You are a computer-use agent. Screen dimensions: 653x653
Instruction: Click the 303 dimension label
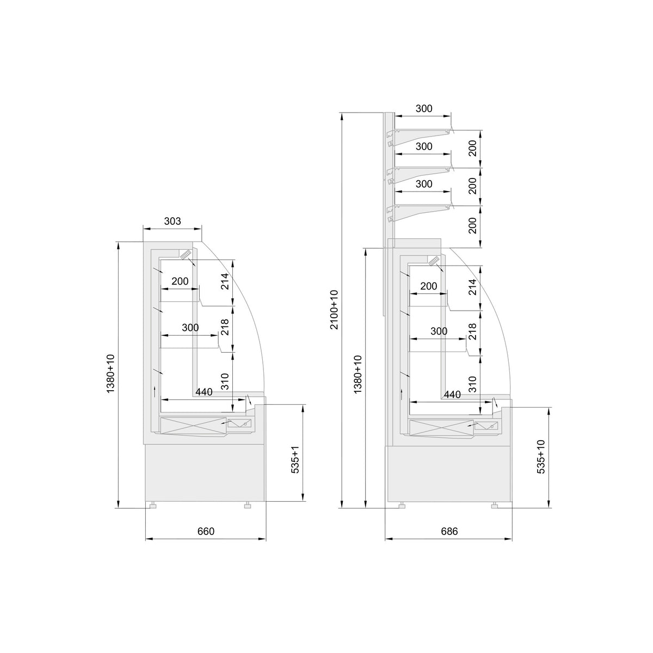pos(173,221)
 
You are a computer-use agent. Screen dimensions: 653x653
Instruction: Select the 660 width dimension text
pos(206,531)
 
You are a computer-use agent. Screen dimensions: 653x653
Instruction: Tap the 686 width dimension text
pos(449,531)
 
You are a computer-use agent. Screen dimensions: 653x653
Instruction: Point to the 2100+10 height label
pos(335,310)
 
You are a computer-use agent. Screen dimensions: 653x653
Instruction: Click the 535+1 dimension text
pos(295,460)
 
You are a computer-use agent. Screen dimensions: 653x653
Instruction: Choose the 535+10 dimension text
pos(541,457)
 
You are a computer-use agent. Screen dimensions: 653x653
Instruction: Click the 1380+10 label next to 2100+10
pos(358,374)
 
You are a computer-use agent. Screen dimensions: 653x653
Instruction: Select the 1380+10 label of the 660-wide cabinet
pos(111,374)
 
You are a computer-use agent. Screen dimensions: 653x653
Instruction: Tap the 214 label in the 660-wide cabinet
pos(225,281)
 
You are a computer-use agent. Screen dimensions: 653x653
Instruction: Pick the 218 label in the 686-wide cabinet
pos(472,331)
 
